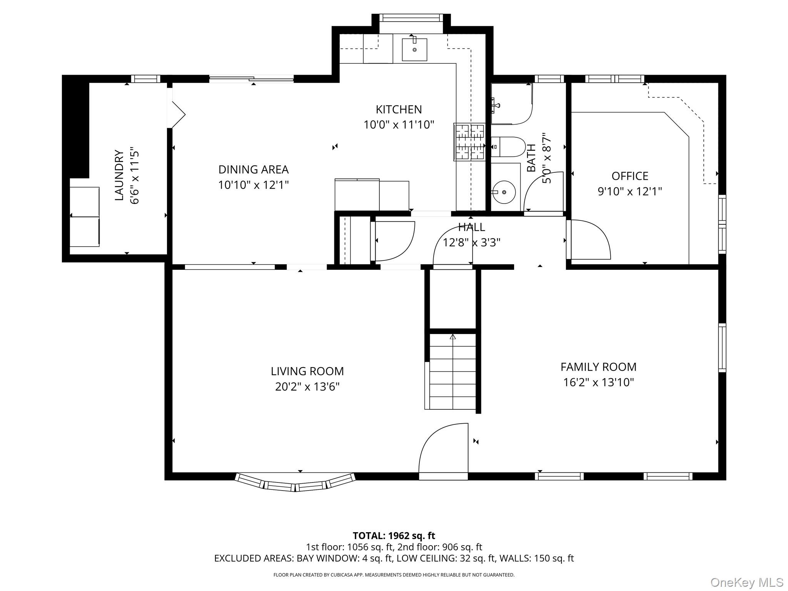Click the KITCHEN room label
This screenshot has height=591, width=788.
point(399,110)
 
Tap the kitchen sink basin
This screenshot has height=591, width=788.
point(414,49)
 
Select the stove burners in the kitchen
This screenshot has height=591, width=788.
point(469,142)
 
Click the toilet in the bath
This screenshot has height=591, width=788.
point(508,147)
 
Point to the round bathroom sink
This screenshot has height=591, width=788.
point(504,192)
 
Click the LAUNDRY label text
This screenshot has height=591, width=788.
point(119,175)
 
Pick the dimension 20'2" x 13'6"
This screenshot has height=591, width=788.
point(307,387)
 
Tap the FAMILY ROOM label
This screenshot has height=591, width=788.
point(598,367)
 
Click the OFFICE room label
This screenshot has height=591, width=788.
point(630,176)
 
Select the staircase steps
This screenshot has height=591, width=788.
point(452,371)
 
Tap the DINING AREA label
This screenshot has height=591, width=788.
point(254,170)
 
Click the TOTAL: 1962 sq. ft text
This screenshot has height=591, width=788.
point(394,536)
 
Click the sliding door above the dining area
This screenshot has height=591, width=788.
point(252,79)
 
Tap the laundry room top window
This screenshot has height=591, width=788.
point(145,79)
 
